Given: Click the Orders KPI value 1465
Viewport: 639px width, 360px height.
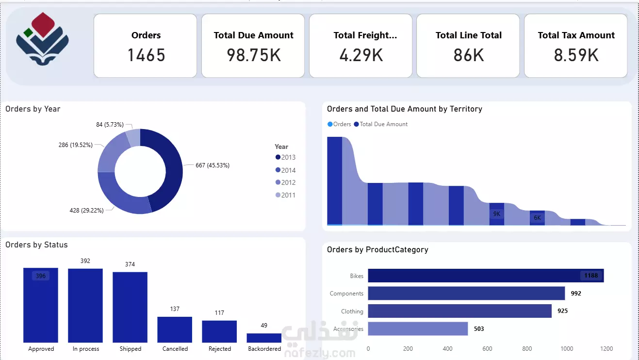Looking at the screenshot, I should [x=146, y=55].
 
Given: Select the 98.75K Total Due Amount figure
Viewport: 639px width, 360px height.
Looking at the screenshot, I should [x=254, y=55].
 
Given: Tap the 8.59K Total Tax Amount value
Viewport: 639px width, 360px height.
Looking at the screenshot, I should [x=576, y=55].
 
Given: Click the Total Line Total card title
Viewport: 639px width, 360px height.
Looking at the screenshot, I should [x=468, y=35].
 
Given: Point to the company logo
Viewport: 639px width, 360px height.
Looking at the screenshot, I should [x=42, y=39].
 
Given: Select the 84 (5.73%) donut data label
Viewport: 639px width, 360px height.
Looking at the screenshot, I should [x=110, y=125].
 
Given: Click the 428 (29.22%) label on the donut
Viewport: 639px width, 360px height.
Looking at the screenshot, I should [x=86, y=211].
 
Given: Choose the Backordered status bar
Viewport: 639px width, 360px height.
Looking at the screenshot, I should [x=264, y=338].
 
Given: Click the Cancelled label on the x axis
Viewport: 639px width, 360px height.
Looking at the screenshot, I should [x=175, y=349].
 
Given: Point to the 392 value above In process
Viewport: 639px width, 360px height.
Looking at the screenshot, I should [x=85, y=261].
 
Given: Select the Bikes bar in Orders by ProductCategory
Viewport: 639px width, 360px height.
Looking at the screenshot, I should [x=485, y=276].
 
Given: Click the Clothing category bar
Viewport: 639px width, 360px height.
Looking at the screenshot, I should [x=459, y=311].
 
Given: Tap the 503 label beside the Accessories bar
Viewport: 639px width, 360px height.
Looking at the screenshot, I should [x=479, y=329].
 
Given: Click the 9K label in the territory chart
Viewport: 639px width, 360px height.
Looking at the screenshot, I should [x=497, y=214].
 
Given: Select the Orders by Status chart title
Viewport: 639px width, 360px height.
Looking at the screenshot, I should [x=36, y=245].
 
